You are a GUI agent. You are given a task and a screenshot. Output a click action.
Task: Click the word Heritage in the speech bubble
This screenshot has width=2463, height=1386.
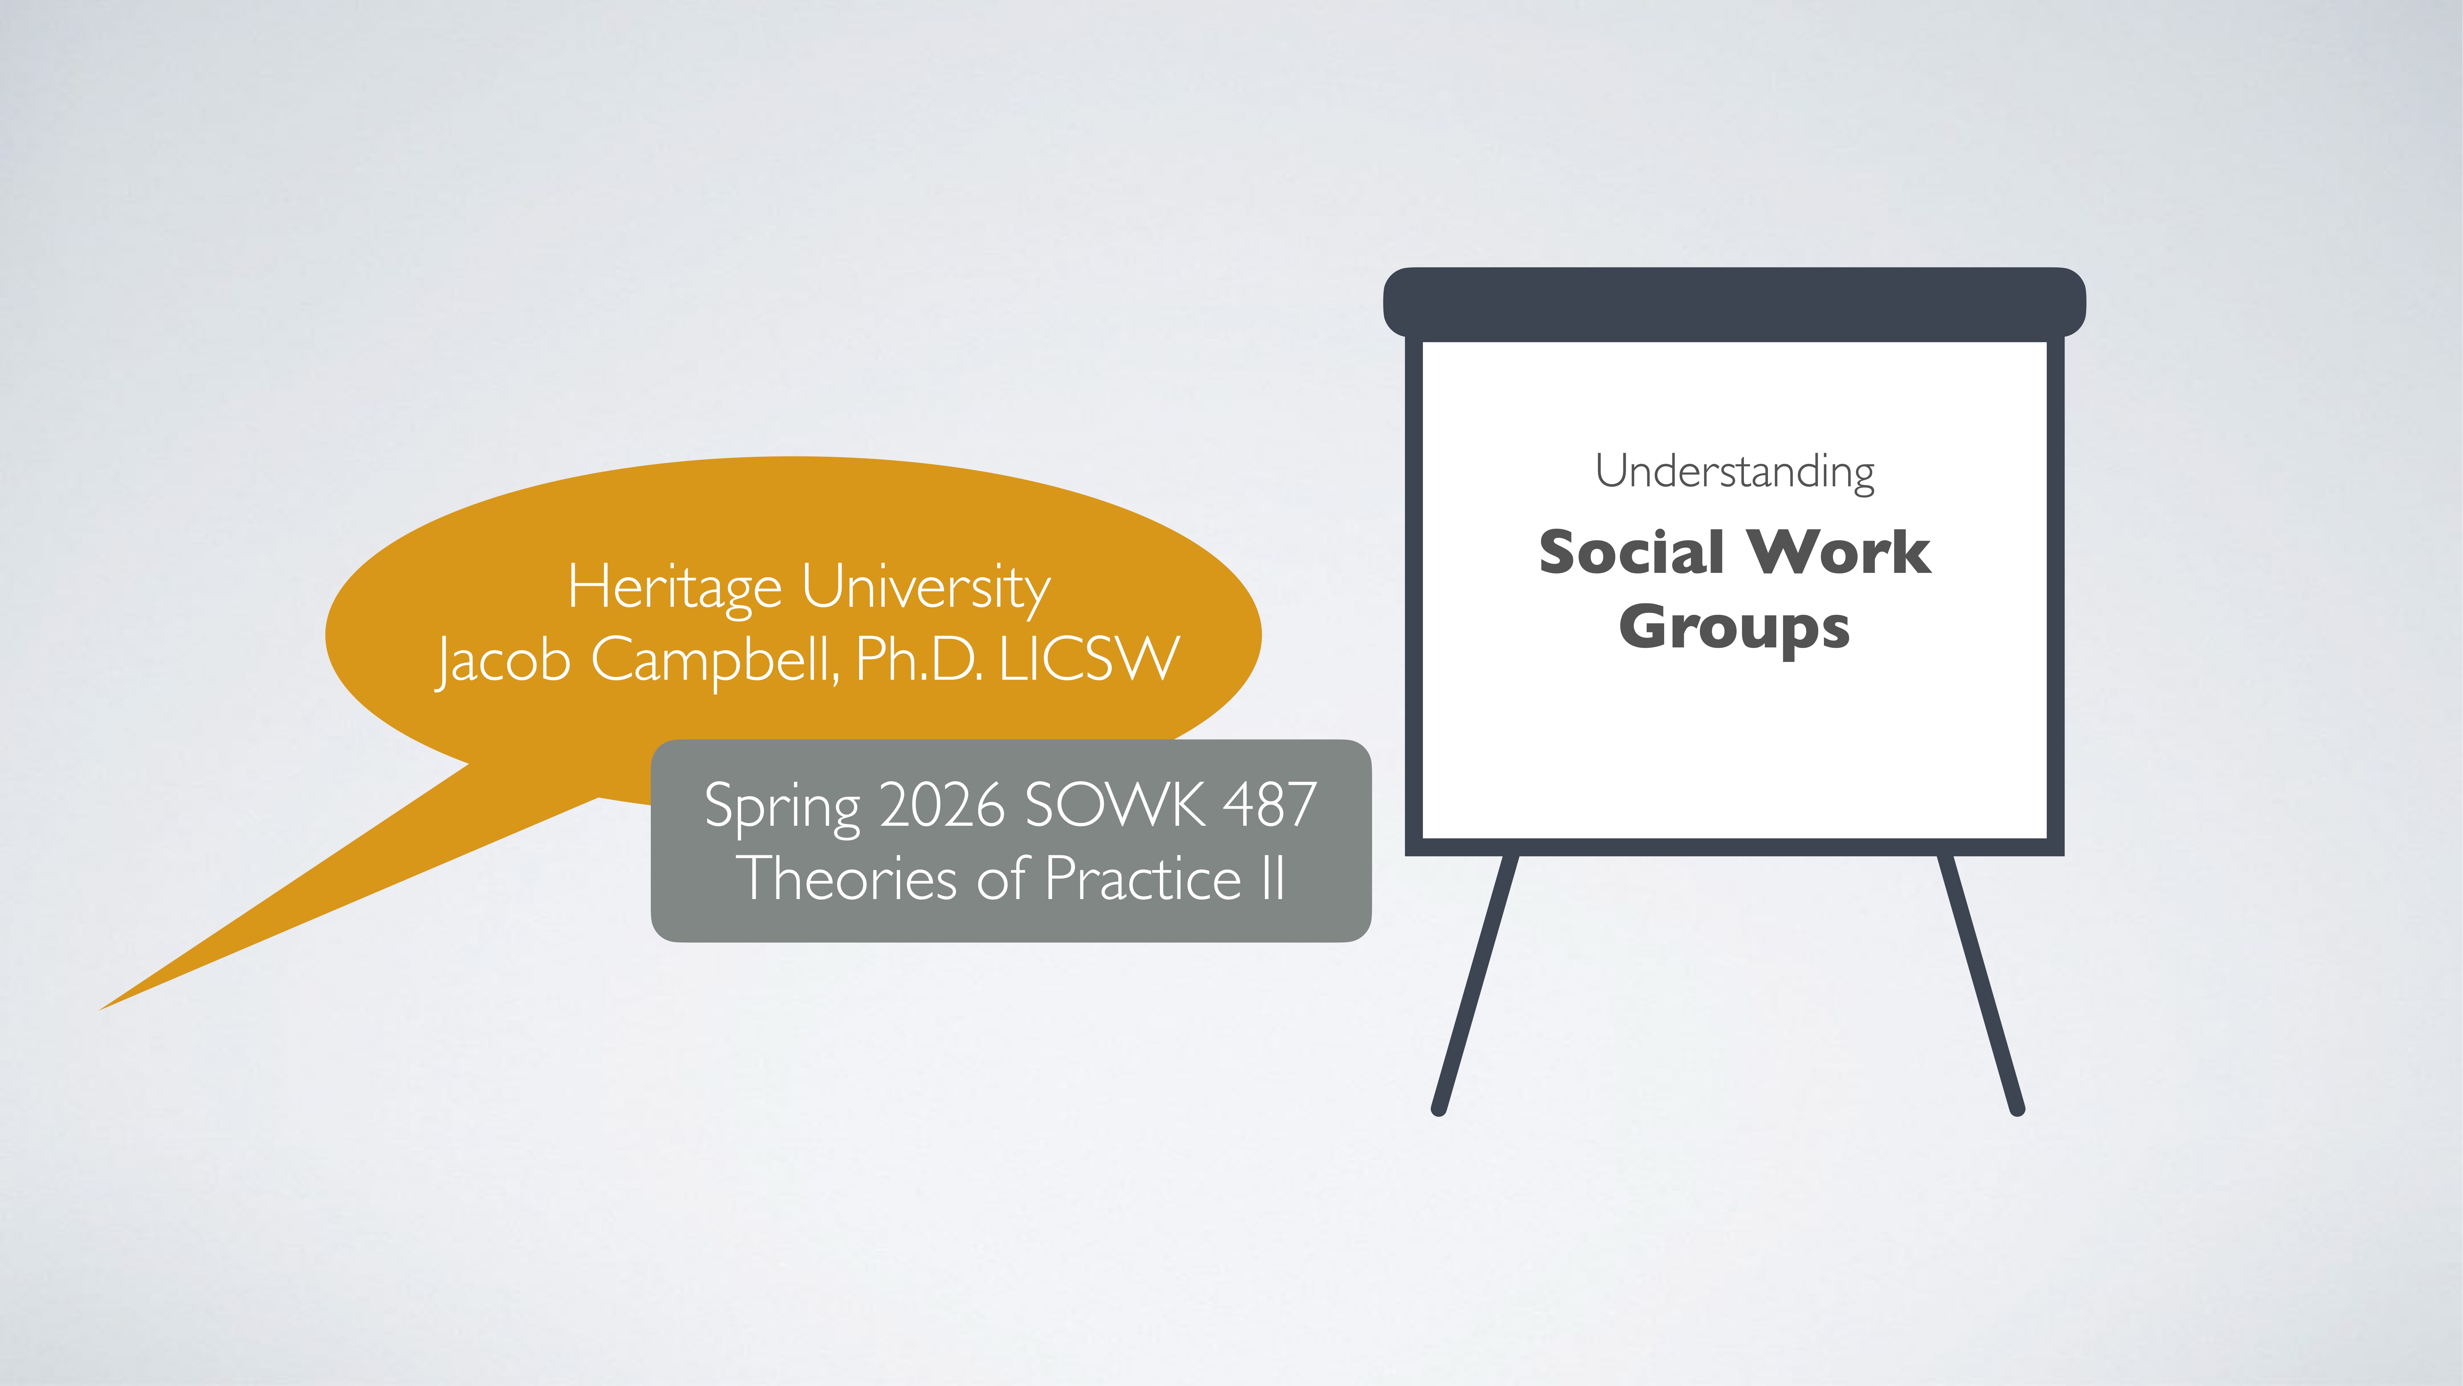tap(675, 587)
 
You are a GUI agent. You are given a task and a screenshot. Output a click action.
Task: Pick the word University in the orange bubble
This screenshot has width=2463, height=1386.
tap(926, 587)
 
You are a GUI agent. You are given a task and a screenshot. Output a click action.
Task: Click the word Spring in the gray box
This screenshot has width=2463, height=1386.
tap(782, 805)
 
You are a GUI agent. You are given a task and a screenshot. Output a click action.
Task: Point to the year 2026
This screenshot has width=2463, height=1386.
tap(942, 805)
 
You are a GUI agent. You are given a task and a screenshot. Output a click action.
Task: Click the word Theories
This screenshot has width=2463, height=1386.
tap(849, 878)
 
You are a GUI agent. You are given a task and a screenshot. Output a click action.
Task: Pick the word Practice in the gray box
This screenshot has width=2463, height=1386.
tap(1143, 878)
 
